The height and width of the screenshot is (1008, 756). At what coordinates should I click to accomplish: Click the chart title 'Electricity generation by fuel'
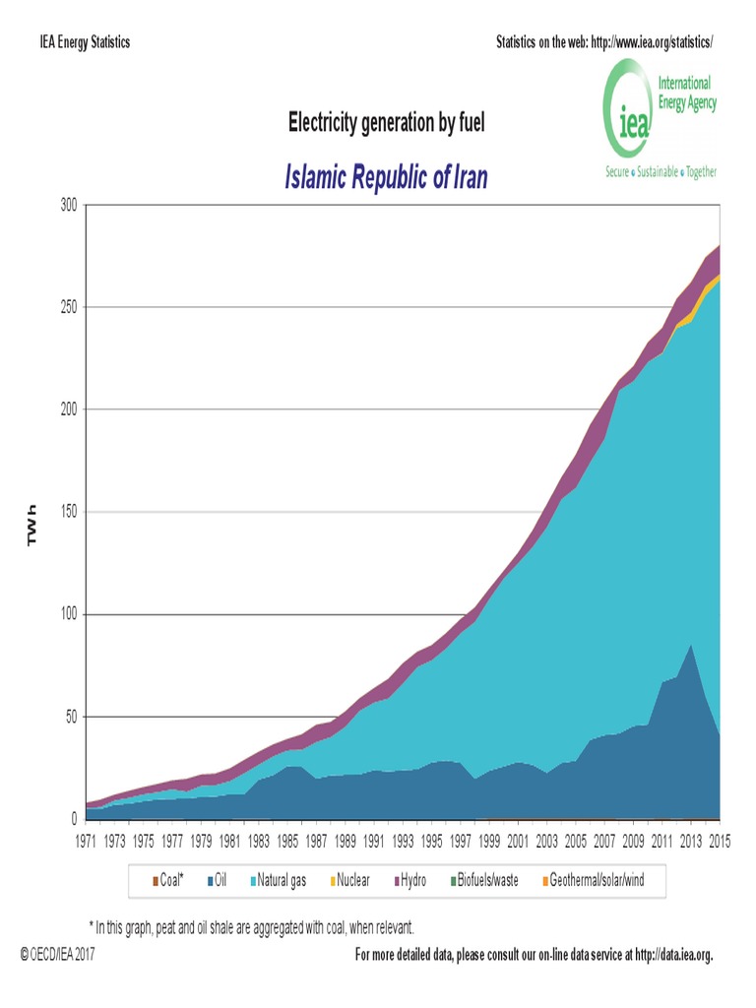pyautogui.click(x=386, y=123)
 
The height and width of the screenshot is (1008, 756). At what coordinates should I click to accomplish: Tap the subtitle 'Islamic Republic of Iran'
pyautogui.click(x=386, y=178)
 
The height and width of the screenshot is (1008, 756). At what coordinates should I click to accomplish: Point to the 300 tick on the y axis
pyautogui.click(x=67, y=205)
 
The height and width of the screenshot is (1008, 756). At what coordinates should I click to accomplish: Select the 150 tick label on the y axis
pyautogui.click(x=67, y=512)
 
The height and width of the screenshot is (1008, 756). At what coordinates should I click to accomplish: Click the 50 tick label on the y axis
pyautogui.click(x=71, y=717)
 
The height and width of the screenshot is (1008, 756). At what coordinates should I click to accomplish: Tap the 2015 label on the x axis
pyautogui.click(x=720, y=842)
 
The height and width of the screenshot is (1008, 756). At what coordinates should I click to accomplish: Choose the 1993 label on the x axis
pyautogui.click(x=403, y=842)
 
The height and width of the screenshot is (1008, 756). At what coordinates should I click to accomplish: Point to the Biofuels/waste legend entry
pyautogui.click(x=489, y=880)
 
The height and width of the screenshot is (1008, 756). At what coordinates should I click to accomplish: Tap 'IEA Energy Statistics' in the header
pyautogui.click(x=85, y=42)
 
